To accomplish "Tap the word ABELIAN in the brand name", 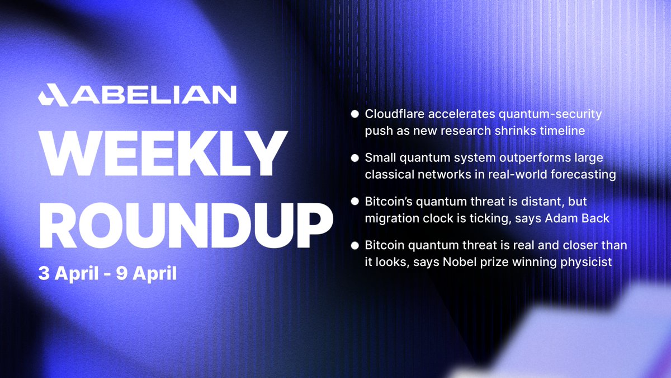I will [153, 95].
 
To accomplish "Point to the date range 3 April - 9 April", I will [107, 274].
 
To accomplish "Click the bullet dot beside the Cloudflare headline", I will [355, 114].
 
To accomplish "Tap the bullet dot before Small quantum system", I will [355, 158].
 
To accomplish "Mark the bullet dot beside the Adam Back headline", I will [355, 202].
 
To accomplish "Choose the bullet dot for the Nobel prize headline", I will [355, 246].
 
